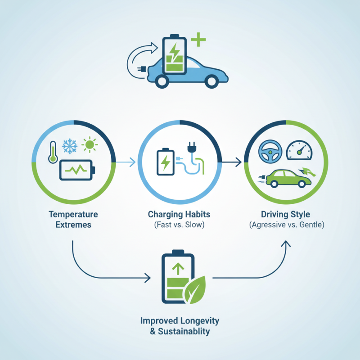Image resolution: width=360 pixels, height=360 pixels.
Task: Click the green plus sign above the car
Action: coord(198,41)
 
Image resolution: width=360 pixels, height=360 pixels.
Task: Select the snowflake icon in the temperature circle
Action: coord(69,145)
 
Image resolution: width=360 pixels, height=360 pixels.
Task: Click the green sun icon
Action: coord(90,145)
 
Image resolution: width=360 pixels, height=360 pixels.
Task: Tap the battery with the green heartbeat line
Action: coord(76,171)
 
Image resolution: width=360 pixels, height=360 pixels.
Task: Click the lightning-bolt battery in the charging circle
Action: coord(164,162)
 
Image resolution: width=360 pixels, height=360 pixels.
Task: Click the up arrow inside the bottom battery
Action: coord(179,269)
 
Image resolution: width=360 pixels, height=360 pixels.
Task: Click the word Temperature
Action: coord(73,215)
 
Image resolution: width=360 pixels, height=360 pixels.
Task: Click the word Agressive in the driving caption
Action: coord(267,225)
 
